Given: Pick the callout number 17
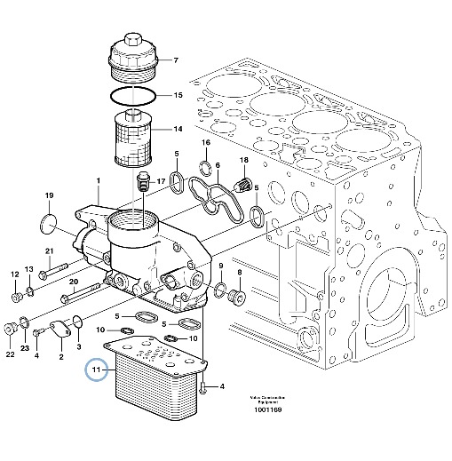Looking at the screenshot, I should (x=161, y=182).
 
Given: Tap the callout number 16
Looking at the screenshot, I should (x=205, y=143).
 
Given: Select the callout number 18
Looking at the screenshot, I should (x=242, y=160).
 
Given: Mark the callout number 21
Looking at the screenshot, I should (x=50, y=250).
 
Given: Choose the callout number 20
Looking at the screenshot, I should (x=74, y=282).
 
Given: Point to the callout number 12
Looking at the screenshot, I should (x=14, y=274).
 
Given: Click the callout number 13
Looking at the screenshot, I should (x=29, y=269).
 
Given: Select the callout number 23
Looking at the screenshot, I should (x=25, y=348).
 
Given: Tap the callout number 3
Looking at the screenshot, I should (x=78, y=347).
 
